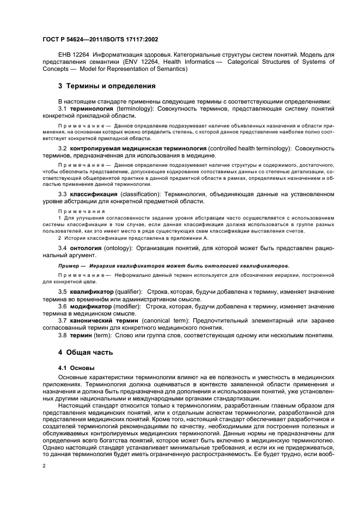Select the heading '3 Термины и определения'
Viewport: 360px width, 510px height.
(107, 86)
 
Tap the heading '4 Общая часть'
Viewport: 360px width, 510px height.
(86, 352)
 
